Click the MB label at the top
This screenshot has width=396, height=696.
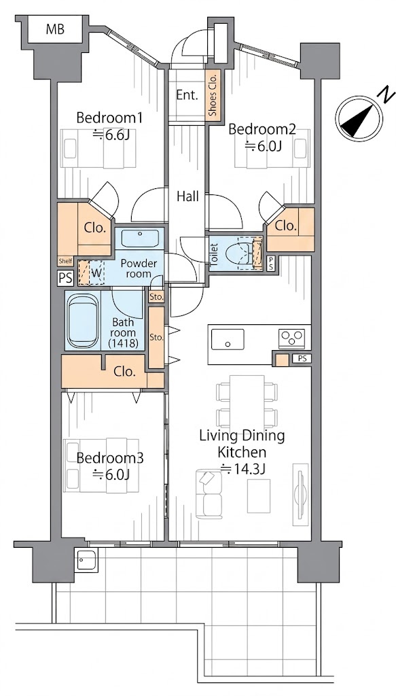(55, 29)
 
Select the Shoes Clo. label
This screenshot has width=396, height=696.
(213, 94)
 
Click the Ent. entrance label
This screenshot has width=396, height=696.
(187, 95)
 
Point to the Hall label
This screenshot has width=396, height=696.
(187, 196)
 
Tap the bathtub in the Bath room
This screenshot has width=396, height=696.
(82, 319)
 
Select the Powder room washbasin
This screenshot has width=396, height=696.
(141, 239)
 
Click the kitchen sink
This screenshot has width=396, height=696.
(228, 339)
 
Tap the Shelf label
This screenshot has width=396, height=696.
(65, 261)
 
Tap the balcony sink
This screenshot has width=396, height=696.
(86, 560)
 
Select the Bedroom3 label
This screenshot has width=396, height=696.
(110, 458)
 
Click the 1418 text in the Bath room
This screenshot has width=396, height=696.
(124, 343)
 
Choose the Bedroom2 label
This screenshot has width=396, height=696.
(262, 130)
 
